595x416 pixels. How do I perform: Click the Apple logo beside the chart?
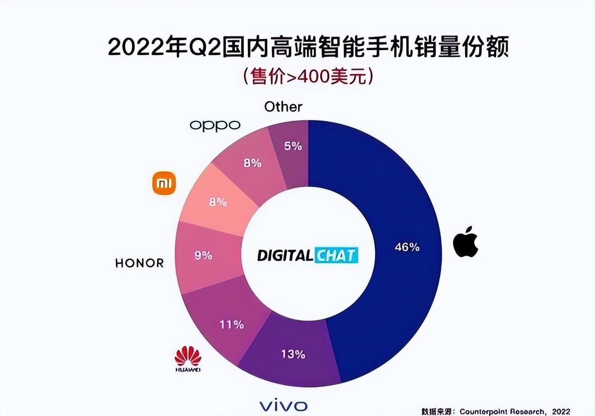465,242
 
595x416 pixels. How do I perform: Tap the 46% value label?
407,247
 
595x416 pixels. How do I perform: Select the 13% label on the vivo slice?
293,355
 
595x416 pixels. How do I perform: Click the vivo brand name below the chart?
284,405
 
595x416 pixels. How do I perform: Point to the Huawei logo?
188,359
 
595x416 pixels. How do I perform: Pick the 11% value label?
232,324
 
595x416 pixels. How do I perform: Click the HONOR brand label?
139,263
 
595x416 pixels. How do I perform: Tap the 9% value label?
203,256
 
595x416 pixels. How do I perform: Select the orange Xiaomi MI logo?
164,183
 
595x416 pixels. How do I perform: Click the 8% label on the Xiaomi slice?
218,203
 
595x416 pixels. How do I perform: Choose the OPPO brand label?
215,125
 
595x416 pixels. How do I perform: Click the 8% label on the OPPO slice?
252,163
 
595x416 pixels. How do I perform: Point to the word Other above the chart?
283,107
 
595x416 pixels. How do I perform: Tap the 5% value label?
293,146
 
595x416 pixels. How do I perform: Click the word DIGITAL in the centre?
285,256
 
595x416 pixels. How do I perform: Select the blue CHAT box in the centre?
336,255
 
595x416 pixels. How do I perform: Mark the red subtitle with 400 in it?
308,77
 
